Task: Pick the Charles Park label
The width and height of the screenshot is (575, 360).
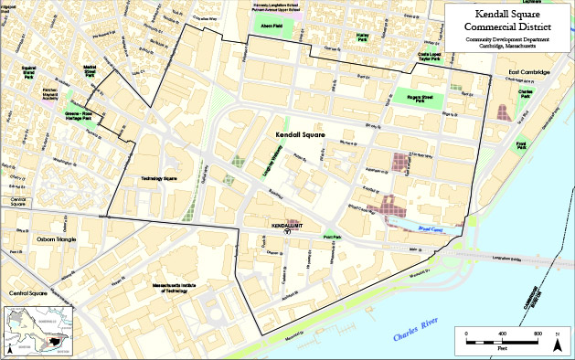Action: [x=526, y=93]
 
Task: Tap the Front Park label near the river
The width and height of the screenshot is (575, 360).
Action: [x=520, y=144]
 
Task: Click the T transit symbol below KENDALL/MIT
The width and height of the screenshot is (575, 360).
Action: [x=287, y=232]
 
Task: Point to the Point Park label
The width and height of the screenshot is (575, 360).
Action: [x=331, y=236]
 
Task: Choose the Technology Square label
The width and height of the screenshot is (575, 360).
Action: [x=158, y=178]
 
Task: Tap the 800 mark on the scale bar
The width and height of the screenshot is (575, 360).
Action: [x=538, y=333]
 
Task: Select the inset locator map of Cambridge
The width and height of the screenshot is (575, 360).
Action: [x=37, y=331]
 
